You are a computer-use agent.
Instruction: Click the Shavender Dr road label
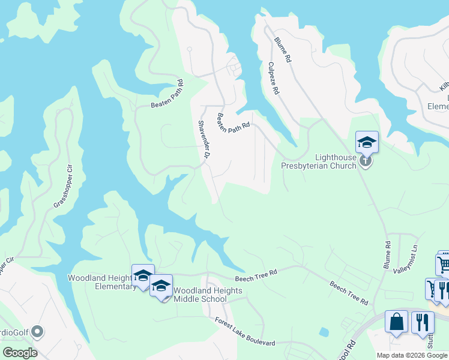pyautogui.click(x=203, y=139)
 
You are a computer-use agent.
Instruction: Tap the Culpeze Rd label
pyautogui.click(x=273, y=78)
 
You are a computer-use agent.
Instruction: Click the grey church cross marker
pyautogui.click(x=366, y=161)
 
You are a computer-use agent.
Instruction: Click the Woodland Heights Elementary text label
pyautogui.click(x=102, y=282)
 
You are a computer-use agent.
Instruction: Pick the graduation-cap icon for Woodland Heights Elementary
pyautogui.click(x=143, y=275)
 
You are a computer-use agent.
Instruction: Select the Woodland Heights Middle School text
pyautogui.click(x=208, y=295)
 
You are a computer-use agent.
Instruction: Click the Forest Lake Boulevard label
pyautogui.click(x=245, y=331)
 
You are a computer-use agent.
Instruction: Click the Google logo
pyautogui.click(x=20, y=352)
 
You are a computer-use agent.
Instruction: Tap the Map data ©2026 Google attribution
pyautogui.click(x=412, y=355)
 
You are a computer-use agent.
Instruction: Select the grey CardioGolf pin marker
pyautogui.click(x=37, y=331)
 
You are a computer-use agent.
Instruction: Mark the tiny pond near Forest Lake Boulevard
pyautogui.click(x=324, y=331)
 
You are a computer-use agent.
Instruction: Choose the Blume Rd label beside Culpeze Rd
pyautogui.click(x=282, y=50)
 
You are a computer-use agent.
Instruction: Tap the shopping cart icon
pyautogui.click(x=444, y=264)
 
